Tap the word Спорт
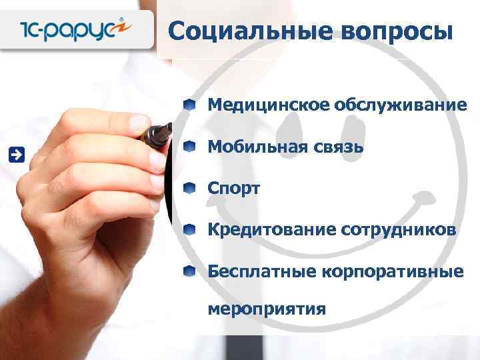(233, 188)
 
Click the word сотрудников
(399, 230)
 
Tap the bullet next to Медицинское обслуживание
(191, 105)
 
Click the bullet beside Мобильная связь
(191, 146)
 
